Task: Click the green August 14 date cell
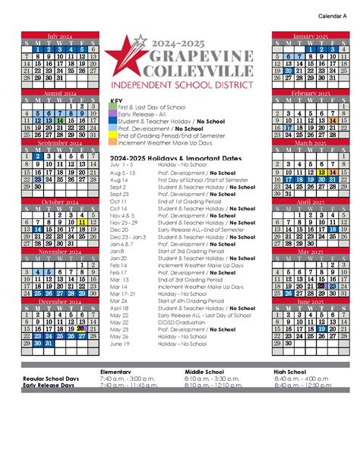[x=59, y=120]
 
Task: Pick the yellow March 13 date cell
[x=321, y=172]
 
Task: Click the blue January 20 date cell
[x=289, y=70]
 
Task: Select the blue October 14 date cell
[x=37, y=229]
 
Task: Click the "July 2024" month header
[x=59, y=35]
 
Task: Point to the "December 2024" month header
[x=59, y=302]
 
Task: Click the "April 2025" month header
[x=311, y=202]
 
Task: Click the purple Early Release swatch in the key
[x=113, y=114]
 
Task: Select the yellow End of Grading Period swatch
[x=113, y=135]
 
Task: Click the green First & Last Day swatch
[x=113, y=107]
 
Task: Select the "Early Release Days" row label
[x=49, y=385]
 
